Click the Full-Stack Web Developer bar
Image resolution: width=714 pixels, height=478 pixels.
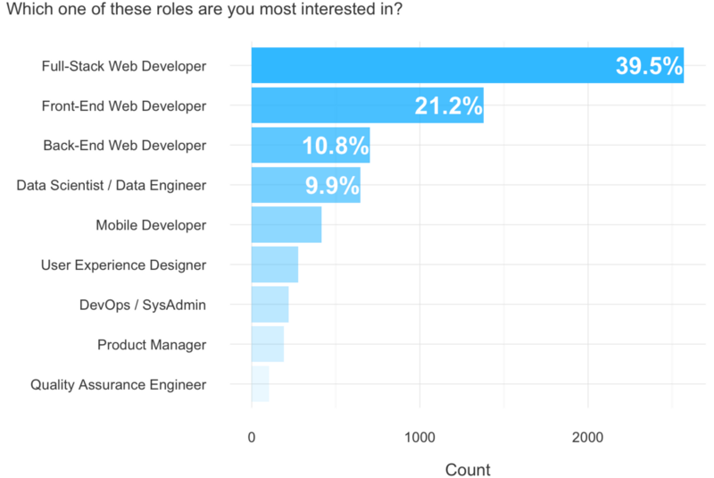point(428,65)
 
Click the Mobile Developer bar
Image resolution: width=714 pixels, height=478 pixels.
point(286,225)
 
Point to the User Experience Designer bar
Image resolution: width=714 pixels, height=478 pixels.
point(275,264)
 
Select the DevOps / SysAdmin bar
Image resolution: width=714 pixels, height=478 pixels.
point(270,305)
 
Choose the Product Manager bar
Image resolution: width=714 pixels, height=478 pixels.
point(268,344)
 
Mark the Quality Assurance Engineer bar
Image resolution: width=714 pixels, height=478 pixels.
point(260,384)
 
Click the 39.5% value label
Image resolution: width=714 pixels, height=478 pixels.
point(649,66)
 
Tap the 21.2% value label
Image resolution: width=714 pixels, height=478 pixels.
point(448,106)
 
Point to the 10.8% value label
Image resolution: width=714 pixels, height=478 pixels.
point(335,146)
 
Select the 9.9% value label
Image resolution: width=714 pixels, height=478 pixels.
point(332,186)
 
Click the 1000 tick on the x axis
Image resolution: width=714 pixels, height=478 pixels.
point(419,438)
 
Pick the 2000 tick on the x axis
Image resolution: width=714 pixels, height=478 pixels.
point(587,438)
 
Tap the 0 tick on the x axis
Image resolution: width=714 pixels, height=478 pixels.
point(252,438)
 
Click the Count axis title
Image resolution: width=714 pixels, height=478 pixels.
point(467,469)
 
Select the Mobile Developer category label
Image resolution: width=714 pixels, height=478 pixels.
point(151,225)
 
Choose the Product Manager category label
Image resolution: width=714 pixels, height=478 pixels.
point(152,345)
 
